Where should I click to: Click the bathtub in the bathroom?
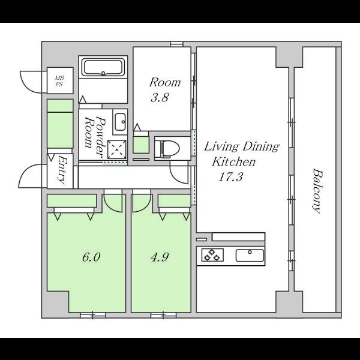click(103, 67)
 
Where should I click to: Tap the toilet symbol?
click(167, 148)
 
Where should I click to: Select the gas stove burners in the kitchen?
click(212, 254)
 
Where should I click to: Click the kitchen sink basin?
click(250, 256)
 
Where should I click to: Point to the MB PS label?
click(59, 81)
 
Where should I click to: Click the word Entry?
click(61, 170)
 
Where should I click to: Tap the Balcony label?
click(317, 191)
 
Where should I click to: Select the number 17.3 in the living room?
click(230, 177)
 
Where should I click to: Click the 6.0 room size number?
click(91, 257)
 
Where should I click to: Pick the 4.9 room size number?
click(160, 257)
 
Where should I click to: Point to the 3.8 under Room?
click(160, 97)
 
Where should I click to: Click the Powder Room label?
click(95, 137)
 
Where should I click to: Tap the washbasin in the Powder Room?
click(120, 122)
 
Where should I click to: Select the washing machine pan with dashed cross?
click(117, 149)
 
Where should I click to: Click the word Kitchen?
click(233, 161)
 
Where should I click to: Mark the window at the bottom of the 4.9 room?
click(163, 315)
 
